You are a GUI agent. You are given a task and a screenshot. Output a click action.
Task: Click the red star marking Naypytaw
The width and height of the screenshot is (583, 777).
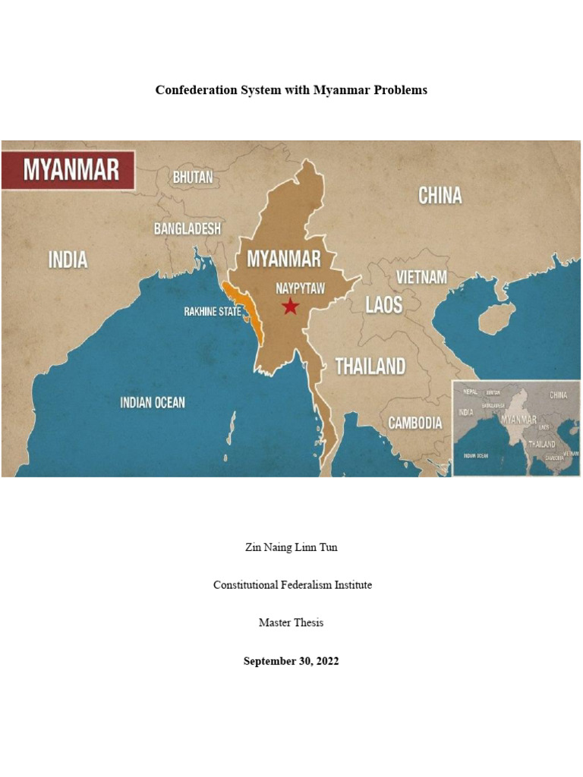(290, 307)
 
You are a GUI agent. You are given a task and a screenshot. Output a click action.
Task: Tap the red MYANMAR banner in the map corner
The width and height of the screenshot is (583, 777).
(69, 169)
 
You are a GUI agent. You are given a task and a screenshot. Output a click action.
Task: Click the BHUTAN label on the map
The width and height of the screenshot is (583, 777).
(193, 177)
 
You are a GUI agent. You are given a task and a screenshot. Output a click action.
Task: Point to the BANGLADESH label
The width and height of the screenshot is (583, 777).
(188, 228)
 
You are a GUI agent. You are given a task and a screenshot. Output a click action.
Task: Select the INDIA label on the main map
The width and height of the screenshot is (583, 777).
(68, 260)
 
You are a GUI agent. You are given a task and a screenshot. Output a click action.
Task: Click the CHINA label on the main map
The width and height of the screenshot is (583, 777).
(440, 196)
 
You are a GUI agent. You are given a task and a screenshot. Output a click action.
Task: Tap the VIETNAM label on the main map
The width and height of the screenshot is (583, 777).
(422, 277)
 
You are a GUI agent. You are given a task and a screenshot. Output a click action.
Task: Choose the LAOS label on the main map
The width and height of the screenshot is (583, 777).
(384, 305)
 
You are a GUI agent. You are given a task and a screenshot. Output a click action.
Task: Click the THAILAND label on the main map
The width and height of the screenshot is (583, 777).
(370, 366)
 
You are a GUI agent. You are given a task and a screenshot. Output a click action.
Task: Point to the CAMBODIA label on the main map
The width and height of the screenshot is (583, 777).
(415, 423)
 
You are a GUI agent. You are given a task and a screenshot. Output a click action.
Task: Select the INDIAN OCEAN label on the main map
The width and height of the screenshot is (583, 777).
(153, 402)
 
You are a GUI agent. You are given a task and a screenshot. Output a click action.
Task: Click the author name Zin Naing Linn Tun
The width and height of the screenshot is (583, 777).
(291, 547)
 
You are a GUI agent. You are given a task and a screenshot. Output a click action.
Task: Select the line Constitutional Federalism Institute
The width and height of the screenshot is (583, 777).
(291, 585)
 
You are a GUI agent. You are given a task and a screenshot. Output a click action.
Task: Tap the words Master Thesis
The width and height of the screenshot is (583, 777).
(291, 623)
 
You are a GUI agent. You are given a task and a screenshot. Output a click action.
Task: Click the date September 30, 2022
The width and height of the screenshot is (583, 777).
(291, 661)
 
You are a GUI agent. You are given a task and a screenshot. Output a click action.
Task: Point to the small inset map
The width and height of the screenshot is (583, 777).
(516, 428)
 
